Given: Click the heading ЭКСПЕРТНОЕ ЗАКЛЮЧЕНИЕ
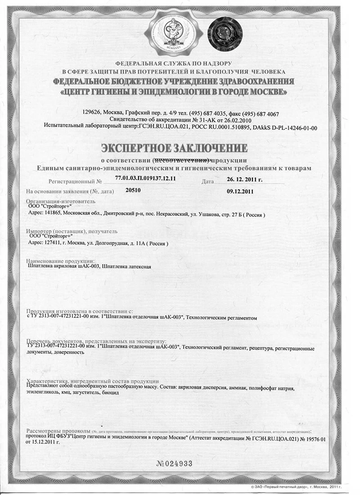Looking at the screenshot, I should pos(174,148).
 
